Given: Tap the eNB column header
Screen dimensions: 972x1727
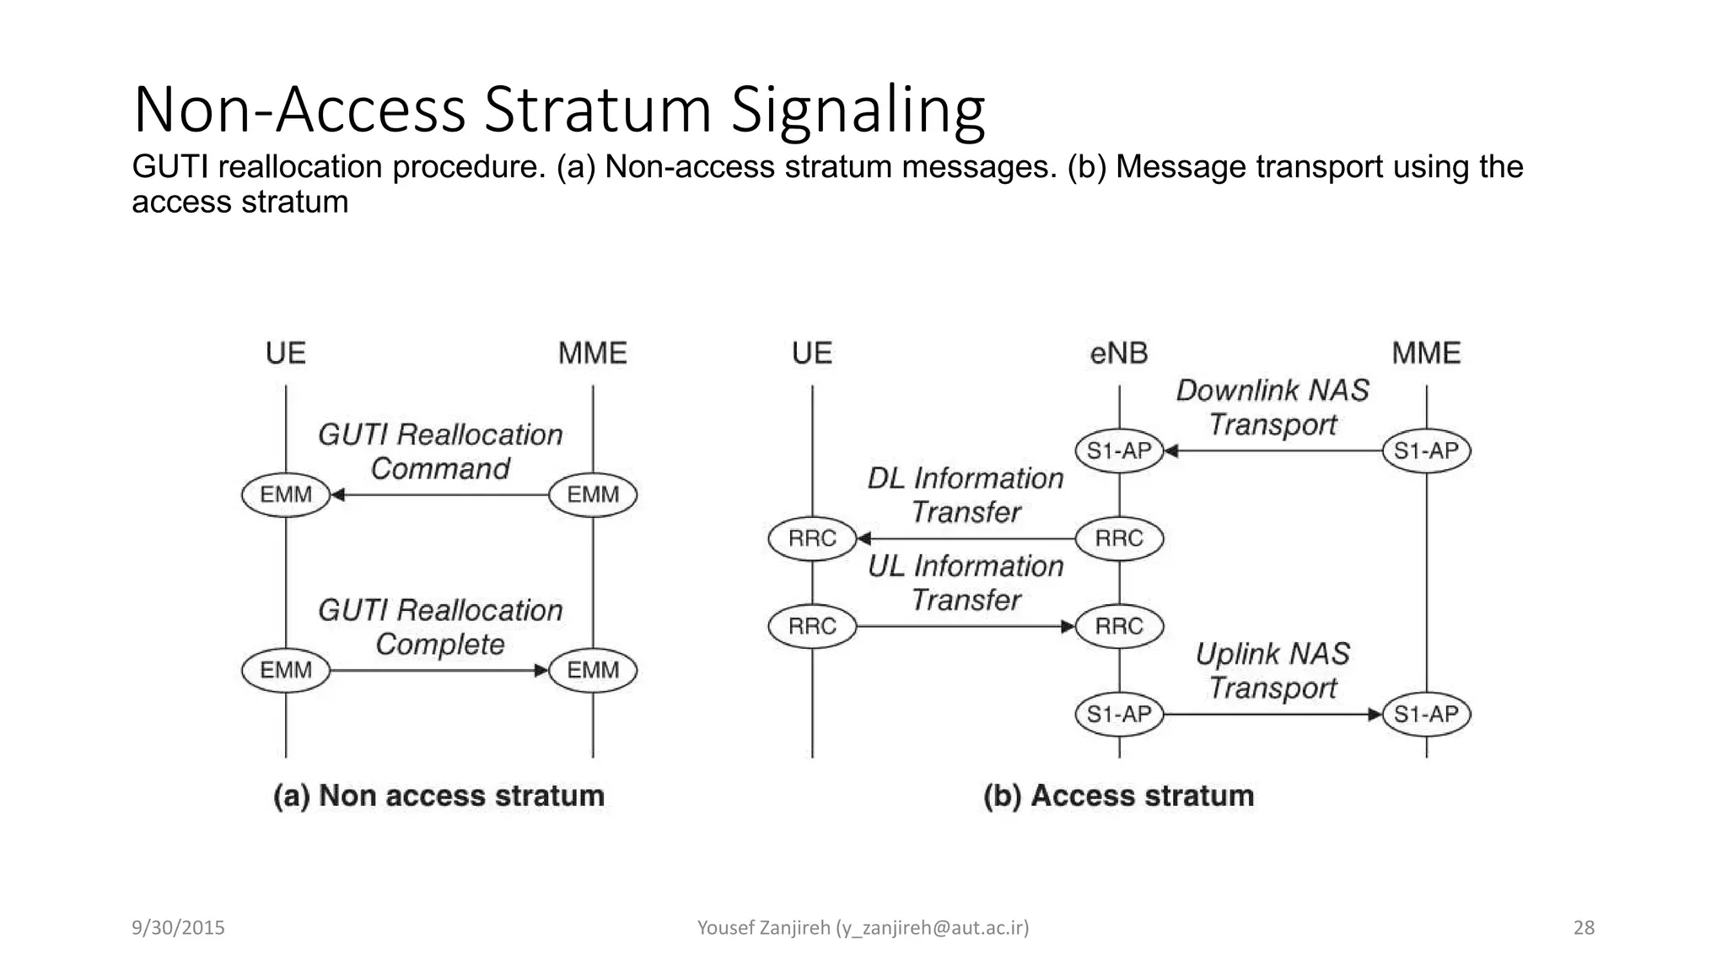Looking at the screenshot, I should [x=1119, y=353].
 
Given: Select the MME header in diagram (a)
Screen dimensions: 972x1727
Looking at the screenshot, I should [x=593, y=353].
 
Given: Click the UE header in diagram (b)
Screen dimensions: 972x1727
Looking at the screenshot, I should [x=812, y=353].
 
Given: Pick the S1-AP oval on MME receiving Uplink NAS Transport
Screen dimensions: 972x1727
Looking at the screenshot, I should [x=1426, y=715].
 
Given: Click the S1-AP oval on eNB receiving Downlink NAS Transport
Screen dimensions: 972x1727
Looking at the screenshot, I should [x=1119, y=451].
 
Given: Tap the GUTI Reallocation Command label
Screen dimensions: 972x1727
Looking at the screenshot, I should [x=440, y=451].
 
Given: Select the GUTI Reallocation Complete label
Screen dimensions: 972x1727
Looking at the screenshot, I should [x=440, y=627].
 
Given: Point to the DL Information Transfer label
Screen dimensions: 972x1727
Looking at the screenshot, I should [x=966, y=495].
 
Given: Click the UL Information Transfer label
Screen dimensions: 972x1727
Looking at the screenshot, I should [x=966, y=583].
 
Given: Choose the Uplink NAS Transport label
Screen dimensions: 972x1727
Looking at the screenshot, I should [x=1272, y=671].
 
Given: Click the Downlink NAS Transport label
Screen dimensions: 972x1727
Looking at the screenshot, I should [x=1272, y=407].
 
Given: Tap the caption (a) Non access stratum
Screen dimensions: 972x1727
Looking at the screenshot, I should [x=438, y=796].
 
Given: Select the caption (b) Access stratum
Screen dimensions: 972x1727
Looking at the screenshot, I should [x=1119, y=796].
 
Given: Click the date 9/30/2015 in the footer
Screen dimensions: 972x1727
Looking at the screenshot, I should [x=178, y=928].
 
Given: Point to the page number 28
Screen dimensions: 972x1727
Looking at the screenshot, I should [x=1584, y=928].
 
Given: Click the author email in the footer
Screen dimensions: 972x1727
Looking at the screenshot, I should [x=932, y=928].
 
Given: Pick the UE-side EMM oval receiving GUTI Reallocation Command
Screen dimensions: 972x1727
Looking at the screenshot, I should [x=286, y=494].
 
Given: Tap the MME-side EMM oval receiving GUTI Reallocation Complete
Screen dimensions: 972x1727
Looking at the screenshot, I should [x=593, y=671].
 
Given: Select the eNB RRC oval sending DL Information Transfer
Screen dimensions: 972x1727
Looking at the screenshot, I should [x=1119, y=538].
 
